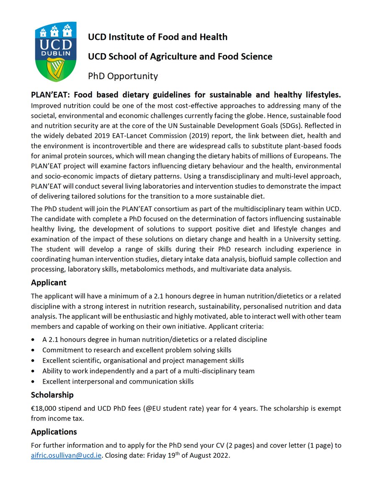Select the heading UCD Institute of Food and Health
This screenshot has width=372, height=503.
pyautogui.click(x=158, y=37)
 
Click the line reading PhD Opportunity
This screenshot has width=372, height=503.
pyautogui.click(x=123, y=76)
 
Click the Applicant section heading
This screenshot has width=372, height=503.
pyautogui.click(x=49, y=283)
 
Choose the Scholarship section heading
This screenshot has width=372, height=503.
pyautogui.click(x=52, y=395)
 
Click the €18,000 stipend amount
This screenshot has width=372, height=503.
pyautogui.click(x=45, y=408)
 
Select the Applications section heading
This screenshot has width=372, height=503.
pyautogui.click(x=54, y=431)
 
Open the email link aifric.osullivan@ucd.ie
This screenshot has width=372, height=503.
pyautogui.click(x=66, y=456)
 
